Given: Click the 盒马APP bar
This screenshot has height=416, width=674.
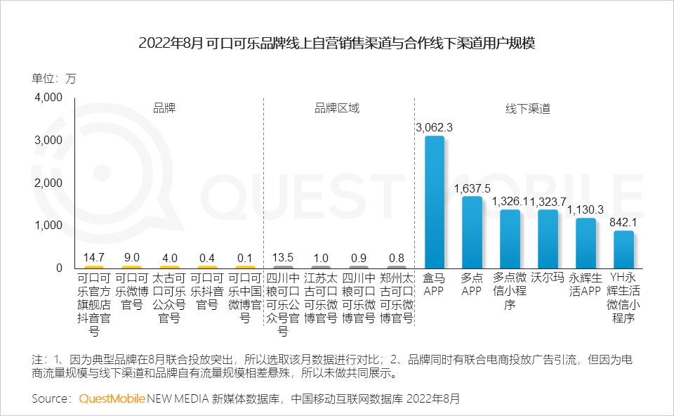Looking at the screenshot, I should (x=435, y=202).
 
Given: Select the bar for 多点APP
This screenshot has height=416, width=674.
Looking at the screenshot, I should (x=472, y=233).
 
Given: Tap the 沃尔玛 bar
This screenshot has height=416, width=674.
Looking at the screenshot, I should (x=548, y=239).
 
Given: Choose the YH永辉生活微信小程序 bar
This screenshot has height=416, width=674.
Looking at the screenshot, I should (x=623, y=249).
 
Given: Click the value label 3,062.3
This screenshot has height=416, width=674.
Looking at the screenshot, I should (x=435, y=127).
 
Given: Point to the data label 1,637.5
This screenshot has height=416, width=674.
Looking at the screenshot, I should (x=472, y=188).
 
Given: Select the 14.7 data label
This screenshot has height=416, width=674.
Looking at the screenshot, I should (x=93, y=257).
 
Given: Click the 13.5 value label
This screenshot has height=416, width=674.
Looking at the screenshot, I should (x=283, y=257).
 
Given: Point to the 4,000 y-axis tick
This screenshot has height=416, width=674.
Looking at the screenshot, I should (x=48, y=98).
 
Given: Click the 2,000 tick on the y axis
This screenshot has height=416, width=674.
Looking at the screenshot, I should (x=48, y=183).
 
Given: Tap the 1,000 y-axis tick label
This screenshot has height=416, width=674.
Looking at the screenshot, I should (x=48, y=226).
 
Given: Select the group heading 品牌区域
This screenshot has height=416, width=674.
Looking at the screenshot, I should (x=337, y=108).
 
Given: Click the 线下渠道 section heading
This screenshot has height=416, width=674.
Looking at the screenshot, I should (x=528, y=108).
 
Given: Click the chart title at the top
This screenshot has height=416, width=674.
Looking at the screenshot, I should (x=337, y=44).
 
